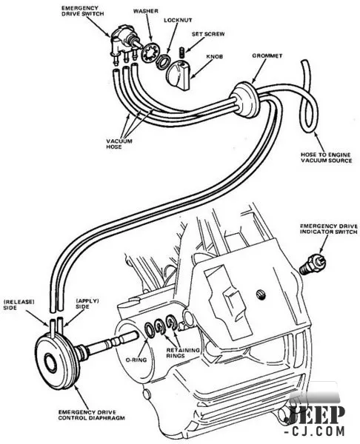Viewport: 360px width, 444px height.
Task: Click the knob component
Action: click(x=177, y=75)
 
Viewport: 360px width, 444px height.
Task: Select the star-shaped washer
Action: click(x=150, y=53)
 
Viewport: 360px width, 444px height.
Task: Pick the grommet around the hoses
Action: click(x=244, y=99)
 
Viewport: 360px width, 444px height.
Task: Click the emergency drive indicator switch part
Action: click(x=313, y=263)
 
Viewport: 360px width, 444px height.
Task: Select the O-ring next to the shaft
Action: click(x=150, y=330)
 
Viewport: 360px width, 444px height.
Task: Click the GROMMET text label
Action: click(x=267, y=55)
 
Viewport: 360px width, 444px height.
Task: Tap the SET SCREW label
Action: click(x=208, y=34)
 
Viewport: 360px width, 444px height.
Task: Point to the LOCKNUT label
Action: click(x=178, y=21)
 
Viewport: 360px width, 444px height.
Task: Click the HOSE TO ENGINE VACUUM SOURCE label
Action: click(x=326, y=158)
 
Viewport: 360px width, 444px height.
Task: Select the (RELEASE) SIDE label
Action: click(x=19, y=305)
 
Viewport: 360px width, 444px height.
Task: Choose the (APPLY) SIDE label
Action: click(x=87, y=303)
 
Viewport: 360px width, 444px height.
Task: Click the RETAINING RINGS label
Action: click(x=183, y=353)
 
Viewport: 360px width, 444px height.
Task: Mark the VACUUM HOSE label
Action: click(x=119, y=144)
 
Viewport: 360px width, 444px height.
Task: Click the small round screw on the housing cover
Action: click(x=262, y=295)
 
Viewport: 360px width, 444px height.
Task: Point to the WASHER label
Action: click(x=146, y=11)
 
